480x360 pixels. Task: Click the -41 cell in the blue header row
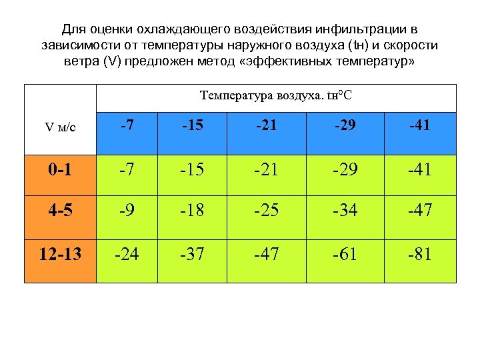click(421, 125)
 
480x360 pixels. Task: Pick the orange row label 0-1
click(60, 171)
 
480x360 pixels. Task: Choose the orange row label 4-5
click(60, 211)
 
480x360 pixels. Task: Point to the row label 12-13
click(60, 255)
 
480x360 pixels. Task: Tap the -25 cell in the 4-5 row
click(266, 211)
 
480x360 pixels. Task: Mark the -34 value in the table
click(345, 211)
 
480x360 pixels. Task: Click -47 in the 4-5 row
click(421, 211)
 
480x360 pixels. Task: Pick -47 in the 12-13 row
click(266, 255)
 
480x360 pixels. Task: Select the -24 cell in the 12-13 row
click(127, 255)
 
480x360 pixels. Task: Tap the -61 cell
click(345, 255)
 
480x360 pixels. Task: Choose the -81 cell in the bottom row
click(421, 255)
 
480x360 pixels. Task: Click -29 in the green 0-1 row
click(345, 171)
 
